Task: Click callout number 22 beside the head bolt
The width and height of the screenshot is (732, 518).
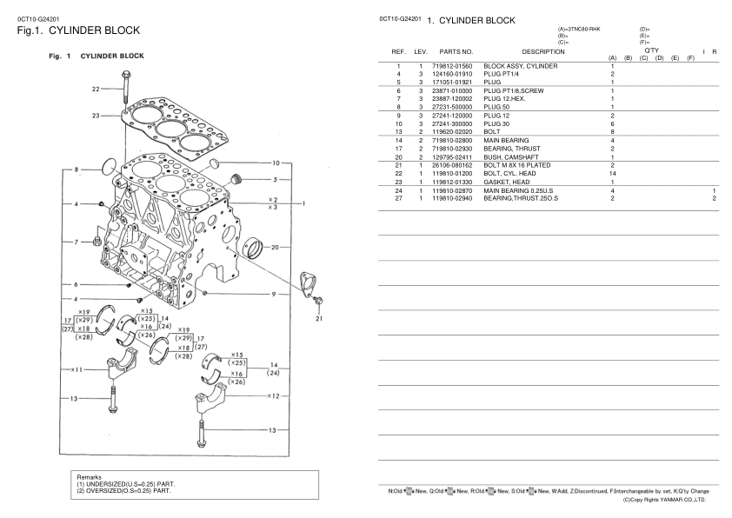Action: point(96,88)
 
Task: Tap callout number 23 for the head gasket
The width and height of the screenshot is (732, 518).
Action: point(96,114)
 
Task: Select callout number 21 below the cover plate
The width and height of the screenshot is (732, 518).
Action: point(320,318)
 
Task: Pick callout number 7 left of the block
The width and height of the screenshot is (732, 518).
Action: point(77,241)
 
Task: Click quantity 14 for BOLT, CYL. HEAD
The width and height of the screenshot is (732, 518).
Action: point(613,174)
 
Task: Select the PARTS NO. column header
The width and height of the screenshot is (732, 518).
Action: point(456,54)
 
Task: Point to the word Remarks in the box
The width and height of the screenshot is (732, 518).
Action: point(90,478)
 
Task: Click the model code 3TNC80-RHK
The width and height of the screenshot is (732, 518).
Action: point(580,30)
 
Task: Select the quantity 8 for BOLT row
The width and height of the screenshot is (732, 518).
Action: point(613,132)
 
